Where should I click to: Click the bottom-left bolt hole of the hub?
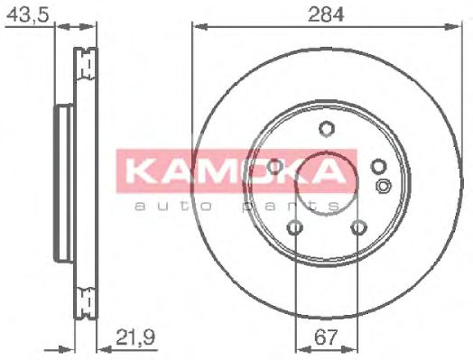pos(295,227)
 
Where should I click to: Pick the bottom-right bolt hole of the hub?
pos(358,227)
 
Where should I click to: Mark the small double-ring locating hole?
pos(383,187)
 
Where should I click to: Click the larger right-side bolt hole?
pos(378,166)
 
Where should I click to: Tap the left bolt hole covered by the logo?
pos(274,166)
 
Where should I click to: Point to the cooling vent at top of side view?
pos(88,63)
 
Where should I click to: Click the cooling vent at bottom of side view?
pos(88,294)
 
